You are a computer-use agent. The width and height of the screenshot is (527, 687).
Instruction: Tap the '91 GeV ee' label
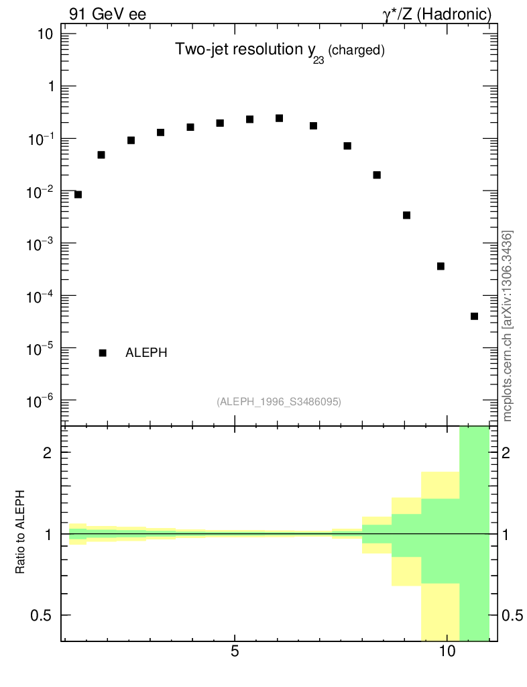pyautogui.click(x=107, y=14)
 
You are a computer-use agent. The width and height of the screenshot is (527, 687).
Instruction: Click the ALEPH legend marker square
pyautogui.click(x=103, y=353)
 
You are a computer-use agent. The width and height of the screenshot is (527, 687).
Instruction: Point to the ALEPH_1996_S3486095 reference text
pyautogui.click(x=279, y=402)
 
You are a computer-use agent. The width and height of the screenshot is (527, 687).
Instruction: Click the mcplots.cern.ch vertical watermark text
pyautogui.click(x=508, y=326)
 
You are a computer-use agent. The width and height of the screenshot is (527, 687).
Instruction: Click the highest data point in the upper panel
pyautogui.click(x=279, y=118)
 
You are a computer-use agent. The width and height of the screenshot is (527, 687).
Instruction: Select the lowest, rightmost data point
pyautogui.click(x=474, y=316)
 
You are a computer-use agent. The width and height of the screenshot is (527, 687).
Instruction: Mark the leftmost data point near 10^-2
pyautogui.click(x=78, y=195)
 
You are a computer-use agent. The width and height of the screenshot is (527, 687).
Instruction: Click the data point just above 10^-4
pyautogui.click(x=441, y=266)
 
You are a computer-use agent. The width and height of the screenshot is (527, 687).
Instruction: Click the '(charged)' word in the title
pyautogui.click(x=356, y=51)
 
